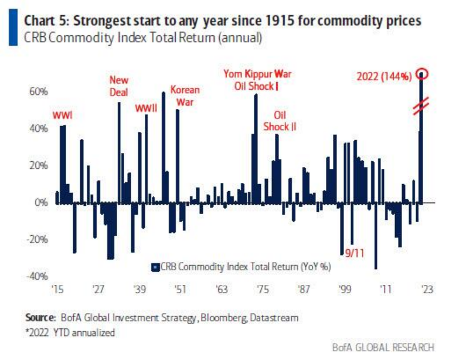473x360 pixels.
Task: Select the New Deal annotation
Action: pos(119,86)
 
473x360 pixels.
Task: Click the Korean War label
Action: pos(185,96)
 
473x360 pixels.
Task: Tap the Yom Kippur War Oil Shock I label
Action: pos(257,80)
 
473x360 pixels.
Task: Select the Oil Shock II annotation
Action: pos(279,121)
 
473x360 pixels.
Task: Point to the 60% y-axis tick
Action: pos(37,92)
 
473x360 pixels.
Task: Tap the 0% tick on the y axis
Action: pos(40,202)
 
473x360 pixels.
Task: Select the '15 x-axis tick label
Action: pos(57,290)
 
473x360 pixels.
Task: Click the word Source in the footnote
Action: pos(40,318)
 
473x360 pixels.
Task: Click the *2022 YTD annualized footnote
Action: pos(70,332)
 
